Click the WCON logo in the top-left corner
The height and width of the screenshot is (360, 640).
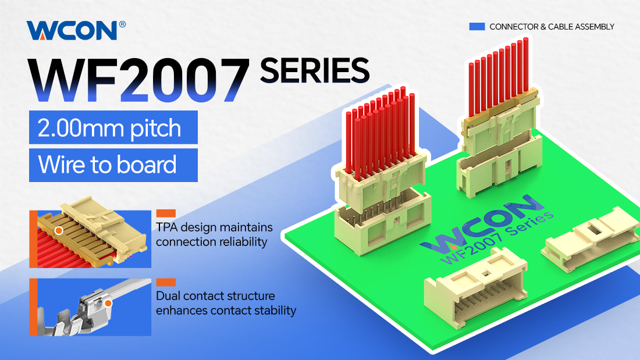[x=72, y=30]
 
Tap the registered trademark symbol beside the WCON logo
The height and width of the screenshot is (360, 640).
[x=122, y=24]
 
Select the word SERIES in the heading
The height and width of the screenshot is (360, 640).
[x=314, y=70]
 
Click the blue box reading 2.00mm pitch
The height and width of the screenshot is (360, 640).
[x=113, y=127]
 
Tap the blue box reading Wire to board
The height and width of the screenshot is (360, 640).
[x=113, y=165]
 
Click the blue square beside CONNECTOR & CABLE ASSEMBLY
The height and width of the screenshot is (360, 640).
[x=477, y=27]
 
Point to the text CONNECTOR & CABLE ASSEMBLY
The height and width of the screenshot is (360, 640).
[x=552, y=27]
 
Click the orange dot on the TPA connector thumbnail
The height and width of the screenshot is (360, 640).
[x=59, y=231]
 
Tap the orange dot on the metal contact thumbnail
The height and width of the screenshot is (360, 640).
[x=108, y=303]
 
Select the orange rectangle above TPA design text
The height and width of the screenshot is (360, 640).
[x=166, y=213]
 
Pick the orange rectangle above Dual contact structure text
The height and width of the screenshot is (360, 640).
[x=166, y=282]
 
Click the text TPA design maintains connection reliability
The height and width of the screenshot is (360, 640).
[x=214, y=234]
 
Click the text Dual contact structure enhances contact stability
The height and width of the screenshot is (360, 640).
[x=226, y=303]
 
